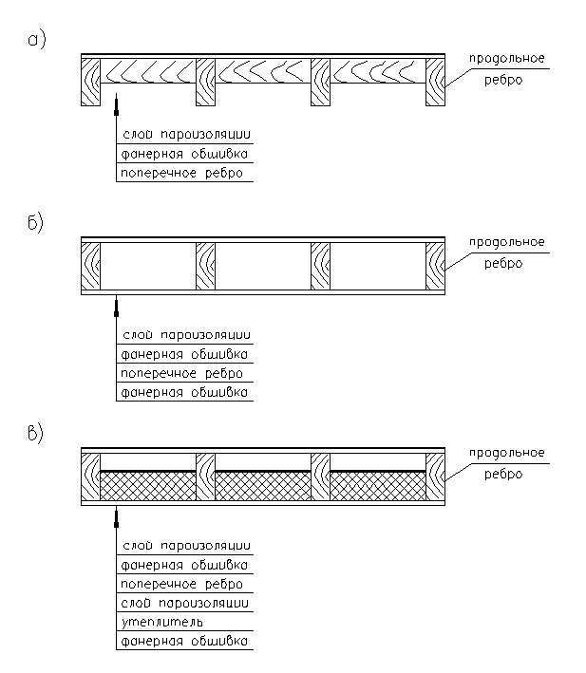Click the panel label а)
[x=36, y=41]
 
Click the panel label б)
[x=36, y=223]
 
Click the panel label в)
[x=36, y=434]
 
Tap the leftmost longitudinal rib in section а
[x=90, y=82]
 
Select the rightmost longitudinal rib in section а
[x=435, y=82]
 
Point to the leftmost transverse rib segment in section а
[x=148, y=71]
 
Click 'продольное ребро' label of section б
[x=506, y=252]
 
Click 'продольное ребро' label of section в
[x=506, y=463]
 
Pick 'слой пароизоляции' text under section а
[x=186, y=135]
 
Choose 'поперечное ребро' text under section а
[x=181, y=173]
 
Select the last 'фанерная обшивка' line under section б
[x=184, y=392]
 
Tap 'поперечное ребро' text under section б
[x=181, y=373]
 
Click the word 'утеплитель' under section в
[x=161, y=622]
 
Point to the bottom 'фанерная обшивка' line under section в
[x=184, y=641]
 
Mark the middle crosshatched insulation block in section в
[x=263, y=486]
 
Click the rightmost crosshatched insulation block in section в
[x=378, y=486]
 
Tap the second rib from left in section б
[x=206, y=266]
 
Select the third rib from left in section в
[x=321, y=477]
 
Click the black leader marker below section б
[x=116, y=314]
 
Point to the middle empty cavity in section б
[x=263, y=266]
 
